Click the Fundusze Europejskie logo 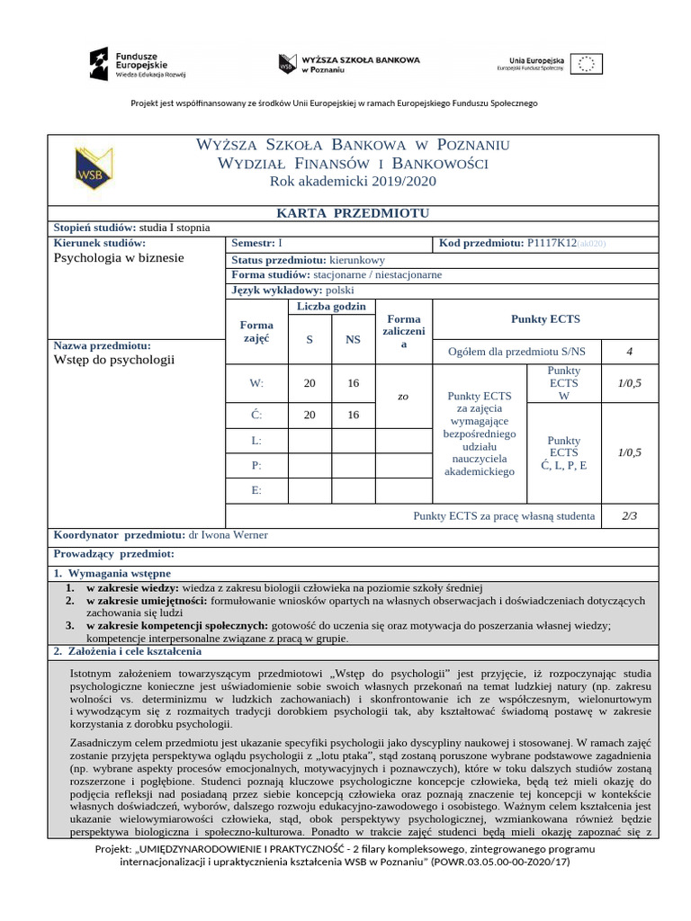pyautogui.click(x=136, y=63)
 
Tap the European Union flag pyautogui.click(x=587, y=63)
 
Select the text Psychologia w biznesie pyautogui.click(x=119, y=257)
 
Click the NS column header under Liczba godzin pyautogui.click(x=353, y=339)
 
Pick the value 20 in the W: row pyautogui.click(x=310, y=383)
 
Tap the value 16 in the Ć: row pyautogui.click(x=353, y=415)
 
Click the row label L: pyautogui.click(x=256, y=441)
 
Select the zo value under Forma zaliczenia pyautogui.click(x=403, y=396)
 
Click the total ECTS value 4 pyautogui.click(x=629, y=352)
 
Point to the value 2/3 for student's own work pyautogui.click(x=629, y=515)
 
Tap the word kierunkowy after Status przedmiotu pyautogui.click(x=356, y=259)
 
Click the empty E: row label pyautogui.click(x=256, y=490)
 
